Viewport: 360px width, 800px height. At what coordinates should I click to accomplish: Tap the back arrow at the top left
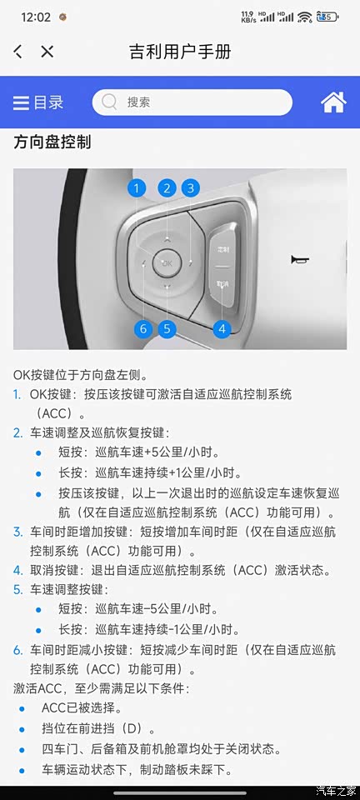pyautogui.click(x=17, y=52)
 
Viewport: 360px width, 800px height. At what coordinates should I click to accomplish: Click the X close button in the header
pyautogui.click(x=47, y=52)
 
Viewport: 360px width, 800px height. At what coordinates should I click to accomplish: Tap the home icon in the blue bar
pyautogui.click(x=333, y=102)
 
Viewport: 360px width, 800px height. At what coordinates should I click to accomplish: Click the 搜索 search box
pyautogui.click(x=192, y=102)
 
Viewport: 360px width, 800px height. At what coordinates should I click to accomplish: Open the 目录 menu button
pyautogui.click(x=38, y=102)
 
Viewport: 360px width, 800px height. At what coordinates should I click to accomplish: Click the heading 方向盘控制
pyautogui.click(x=52, y=142)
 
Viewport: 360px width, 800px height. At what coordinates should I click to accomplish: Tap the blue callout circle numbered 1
pyautogui.click(x=136, y=189)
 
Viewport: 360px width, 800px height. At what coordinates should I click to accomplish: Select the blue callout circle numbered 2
pyautogui.click(x=167, y=189)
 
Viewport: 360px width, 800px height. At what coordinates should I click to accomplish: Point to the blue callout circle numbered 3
pyautogui.click(x=190, y=189)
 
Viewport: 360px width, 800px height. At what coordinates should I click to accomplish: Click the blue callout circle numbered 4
pyautogui.click(x=222, y=329)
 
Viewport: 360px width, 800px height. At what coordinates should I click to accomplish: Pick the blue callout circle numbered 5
pyautogui.click(x=167, y=329)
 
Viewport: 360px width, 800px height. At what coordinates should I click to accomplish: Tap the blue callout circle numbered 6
pyautogui.click(x=142, y=329)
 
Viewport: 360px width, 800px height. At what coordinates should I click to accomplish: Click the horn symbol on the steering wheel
pyautogui.click(x=297, y=260)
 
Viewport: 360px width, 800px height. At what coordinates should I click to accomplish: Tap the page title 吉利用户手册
pyautogui.click(x=181, y=52)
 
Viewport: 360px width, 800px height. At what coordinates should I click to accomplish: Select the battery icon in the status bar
pyautogui.click(x=327, y=17)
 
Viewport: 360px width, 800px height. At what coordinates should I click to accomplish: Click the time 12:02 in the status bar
pyautogui.click(x=36, y=17)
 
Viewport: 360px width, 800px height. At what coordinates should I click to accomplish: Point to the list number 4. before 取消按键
pyautogui.click(x=17, y=570)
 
